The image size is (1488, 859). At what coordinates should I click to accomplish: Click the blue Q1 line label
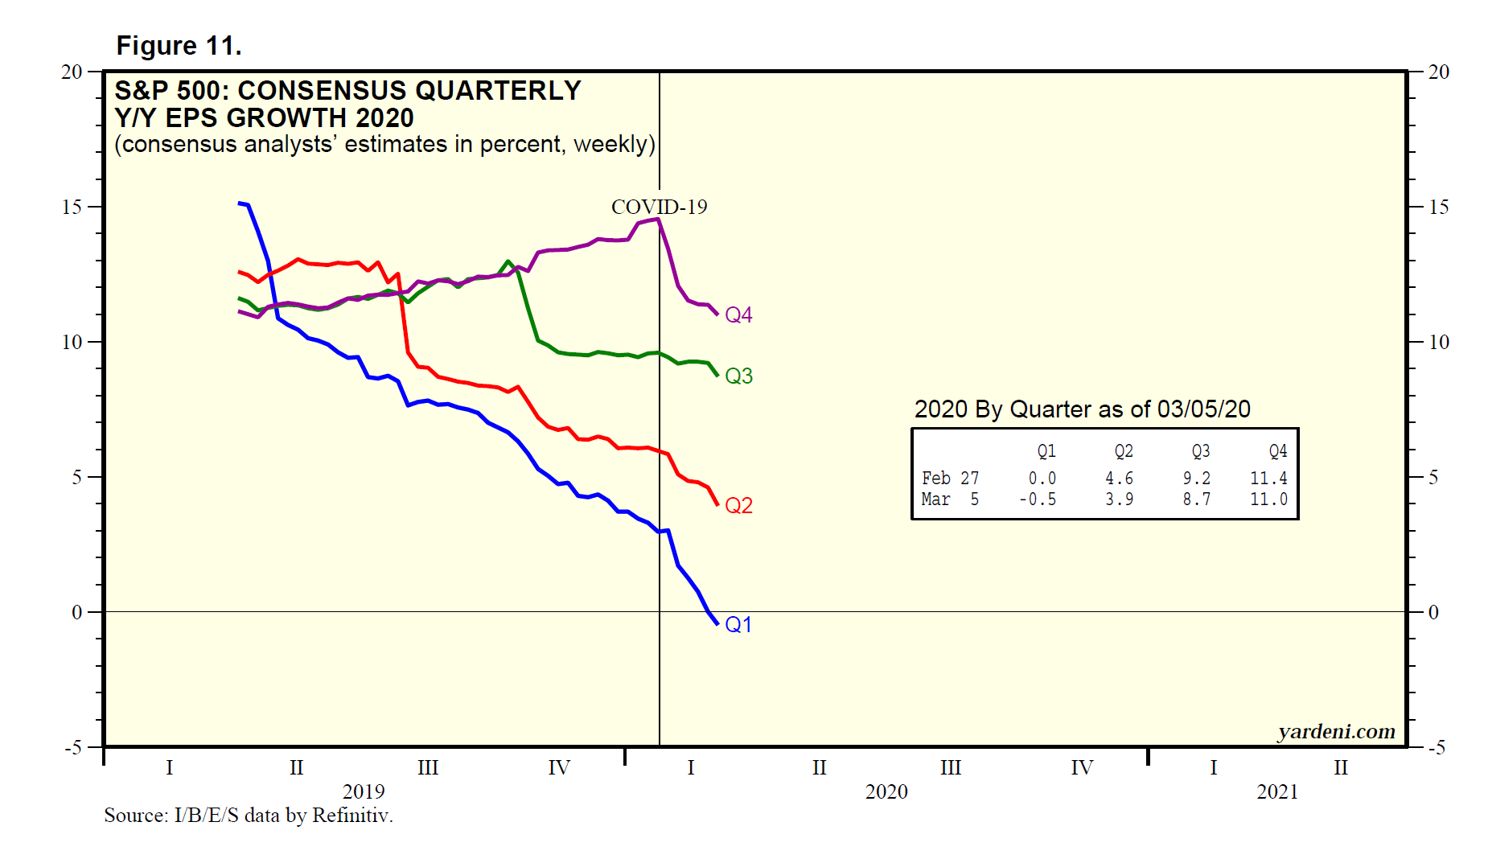click(x=738, y=625)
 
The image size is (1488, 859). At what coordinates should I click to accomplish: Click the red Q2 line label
click(x=738, y=506)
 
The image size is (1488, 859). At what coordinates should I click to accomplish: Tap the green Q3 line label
click(x=738, y=376)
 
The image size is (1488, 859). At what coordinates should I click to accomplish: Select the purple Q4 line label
click(x=738, y=315)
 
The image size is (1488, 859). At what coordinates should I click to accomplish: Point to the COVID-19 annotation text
click(x=659, y=208)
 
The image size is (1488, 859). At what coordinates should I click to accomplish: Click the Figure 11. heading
click(x=179, y=46)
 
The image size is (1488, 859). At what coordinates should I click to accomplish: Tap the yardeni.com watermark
click(x=1336, y=731)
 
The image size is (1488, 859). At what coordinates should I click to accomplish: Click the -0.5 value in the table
click(x=1038, y=499)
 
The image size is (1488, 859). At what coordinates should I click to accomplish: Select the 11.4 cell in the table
click(x=1268, y=479)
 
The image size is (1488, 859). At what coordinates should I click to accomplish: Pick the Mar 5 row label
click(x=950, y=499)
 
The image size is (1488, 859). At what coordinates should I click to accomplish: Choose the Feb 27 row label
click(x=950, y=479)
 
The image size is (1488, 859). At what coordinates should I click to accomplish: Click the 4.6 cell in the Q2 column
click(x=1119, y=479)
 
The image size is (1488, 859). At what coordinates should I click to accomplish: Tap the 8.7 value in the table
click(x=1196, y=499)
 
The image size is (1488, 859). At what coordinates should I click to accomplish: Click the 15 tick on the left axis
click(x=72, y=208)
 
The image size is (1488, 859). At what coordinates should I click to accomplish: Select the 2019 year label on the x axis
click(x=364, y=792)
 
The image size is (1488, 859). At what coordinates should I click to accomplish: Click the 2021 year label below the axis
click(x=1277, y=792)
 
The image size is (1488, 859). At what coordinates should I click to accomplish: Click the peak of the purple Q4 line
click(x=658, y=219)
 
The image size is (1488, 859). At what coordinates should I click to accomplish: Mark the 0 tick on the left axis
click(x=76, y=613)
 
